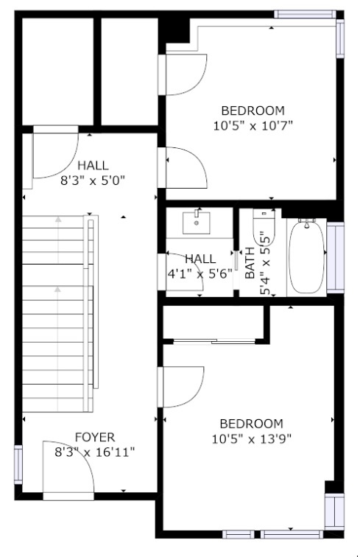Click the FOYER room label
[95, 437]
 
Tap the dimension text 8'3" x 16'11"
[95, 452]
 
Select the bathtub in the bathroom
[307, 256]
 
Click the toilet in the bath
[264, 228]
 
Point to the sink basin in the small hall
[197, 223]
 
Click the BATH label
[250, 263]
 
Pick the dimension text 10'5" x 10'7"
[253, 126]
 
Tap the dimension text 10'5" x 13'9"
[252, 439]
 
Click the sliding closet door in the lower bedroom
[214, 342]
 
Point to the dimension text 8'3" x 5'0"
[93, 181]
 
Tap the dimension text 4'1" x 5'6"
[200, 274]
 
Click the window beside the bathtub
[335, 258]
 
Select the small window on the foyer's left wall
[18, 465]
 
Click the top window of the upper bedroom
[305, 14]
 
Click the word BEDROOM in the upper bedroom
[253, 111]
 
